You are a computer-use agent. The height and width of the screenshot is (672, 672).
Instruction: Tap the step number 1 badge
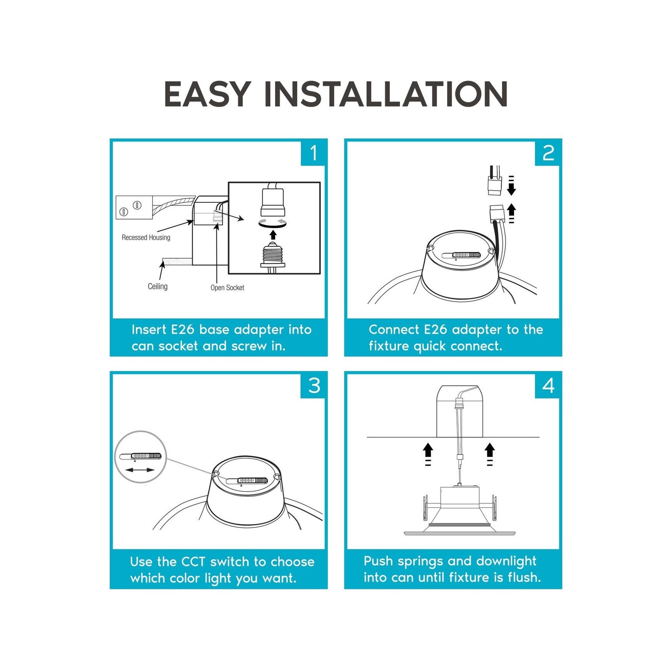[x=313, y=152]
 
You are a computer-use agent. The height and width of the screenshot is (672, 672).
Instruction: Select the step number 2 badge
[x=548, y=152]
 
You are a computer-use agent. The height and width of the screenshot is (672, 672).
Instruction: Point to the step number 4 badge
[x=548, y=385]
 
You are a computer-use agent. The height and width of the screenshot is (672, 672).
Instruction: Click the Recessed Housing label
[x=146, y=237]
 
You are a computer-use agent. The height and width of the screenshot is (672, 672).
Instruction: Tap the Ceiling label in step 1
[x=157, y=286]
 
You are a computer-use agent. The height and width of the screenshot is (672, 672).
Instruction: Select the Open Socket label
[x=227, y=288]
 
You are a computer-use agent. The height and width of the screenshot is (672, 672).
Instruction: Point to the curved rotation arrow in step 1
[x=273, y=223]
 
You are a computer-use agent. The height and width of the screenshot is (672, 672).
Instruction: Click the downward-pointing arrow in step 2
[x=511, y=186]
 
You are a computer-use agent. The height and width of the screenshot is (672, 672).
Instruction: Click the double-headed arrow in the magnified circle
[x=140, y=470]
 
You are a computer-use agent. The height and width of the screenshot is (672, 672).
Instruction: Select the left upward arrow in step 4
[x=428, y=454]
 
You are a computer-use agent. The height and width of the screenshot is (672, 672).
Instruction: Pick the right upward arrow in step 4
[x=490, y=454]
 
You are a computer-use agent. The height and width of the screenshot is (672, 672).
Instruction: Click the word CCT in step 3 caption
[x=193, y=562]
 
